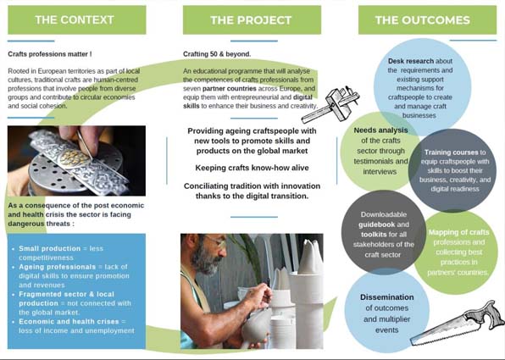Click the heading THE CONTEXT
click(x=75, y=20)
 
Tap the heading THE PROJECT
click(x=251, y=20)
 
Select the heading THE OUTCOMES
click(x=423, y=20)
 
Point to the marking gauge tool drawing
click(x=331, y=104)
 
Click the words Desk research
click(x=411, y=61)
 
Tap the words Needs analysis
click(x=380, y=130)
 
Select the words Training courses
click(x=451, y=152)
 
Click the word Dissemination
click(x=387, y=296)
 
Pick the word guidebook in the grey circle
click(x=377, y=224)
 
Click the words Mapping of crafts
click(x=458, y=232)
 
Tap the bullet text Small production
click(x=50, y=248)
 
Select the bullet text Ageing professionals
click(x=58, y=267)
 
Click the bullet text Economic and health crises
click(x=69, y=321)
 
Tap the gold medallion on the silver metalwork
click(x=75, y=158)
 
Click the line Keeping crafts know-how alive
click(x=252, y=168)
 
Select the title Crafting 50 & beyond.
click(x=217, y=54)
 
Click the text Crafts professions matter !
click(x=50, y=54)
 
